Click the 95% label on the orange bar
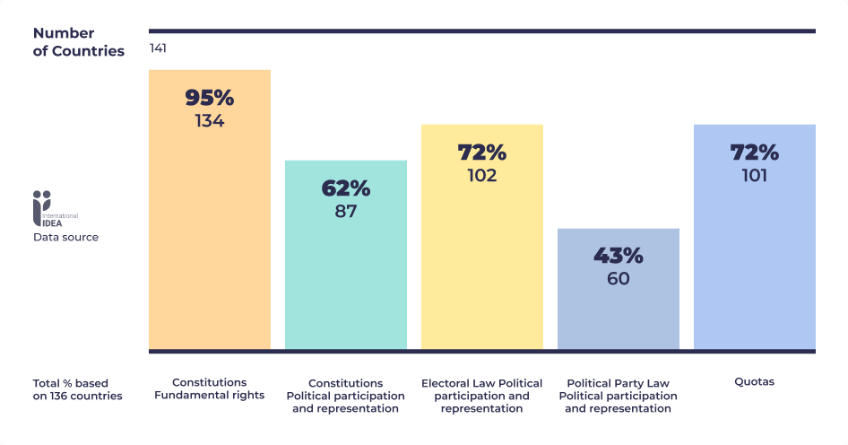click(209, 98)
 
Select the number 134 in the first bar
click(209, 120)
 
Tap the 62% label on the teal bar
click(345, 188)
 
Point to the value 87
click(345, 212)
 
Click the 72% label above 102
click(481, 152)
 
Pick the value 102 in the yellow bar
click(481, 175)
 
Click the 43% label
click(618, 256)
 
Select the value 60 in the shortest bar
click(618, 279)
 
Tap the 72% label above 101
click(754, 152)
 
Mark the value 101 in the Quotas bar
click(754, 175)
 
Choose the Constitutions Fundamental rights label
click(209, 388)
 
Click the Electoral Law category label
click(481, 395)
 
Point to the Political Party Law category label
click(618, 395)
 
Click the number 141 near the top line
click(158, 48)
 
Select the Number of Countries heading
click(78, 42)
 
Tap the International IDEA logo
click(55, 209)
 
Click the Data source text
click(65, 238)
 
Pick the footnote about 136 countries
click(77, 389)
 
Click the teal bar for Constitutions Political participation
click(345, 287)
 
